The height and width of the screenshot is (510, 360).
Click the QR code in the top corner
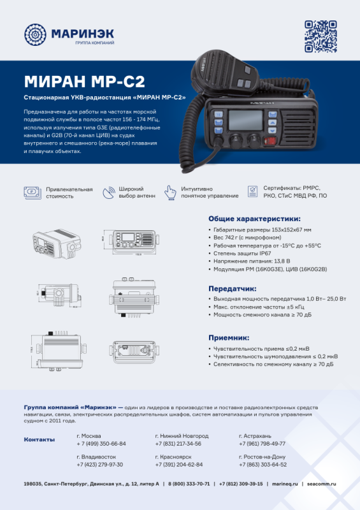pyautogui.click(x=320, y=36)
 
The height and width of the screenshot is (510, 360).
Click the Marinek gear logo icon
pyautogui.click(x=35, y=36)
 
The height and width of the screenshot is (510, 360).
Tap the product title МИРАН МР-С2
pyautogui.click(x=84, y=81)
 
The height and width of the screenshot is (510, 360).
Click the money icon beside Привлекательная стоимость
pyautogui.click(x=32, y=192)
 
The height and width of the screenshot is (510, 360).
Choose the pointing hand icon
pyautogui.click(x=169, y=192)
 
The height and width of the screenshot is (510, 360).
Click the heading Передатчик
pyautogui.click(x=233, y=288)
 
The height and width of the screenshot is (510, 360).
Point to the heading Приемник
pyautogui.click(x=229, y=337)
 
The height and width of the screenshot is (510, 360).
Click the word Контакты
pyautogui.click(x=40, y=440)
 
